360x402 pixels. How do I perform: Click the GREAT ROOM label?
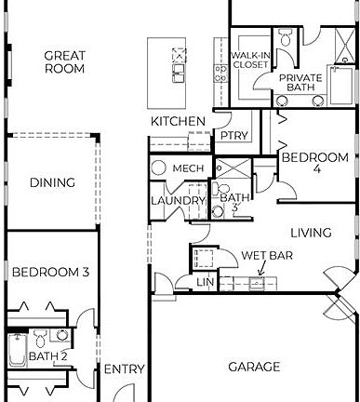[x=64, y=62]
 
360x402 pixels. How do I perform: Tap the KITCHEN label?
[x=178, y=122]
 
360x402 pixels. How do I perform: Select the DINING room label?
[x=52, y=182]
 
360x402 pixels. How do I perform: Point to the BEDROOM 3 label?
[x=50, y=272]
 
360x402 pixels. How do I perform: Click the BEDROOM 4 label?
[x=314, y=165]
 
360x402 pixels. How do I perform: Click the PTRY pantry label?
[x=233, y=136]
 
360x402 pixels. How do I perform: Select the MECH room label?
[x=188, y=167]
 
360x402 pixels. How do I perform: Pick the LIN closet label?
[x=206, y=282]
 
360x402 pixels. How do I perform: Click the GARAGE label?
[x=254, y=367]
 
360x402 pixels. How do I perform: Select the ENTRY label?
[x=124, y=369]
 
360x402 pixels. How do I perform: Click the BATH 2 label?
[x=48, y=355]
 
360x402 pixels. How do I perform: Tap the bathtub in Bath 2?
[x=16, y=351]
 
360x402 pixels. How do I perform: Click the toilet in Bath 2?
[x=61, y=335]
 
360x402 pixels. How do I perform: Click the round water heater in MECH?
[x=158, y=168]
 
